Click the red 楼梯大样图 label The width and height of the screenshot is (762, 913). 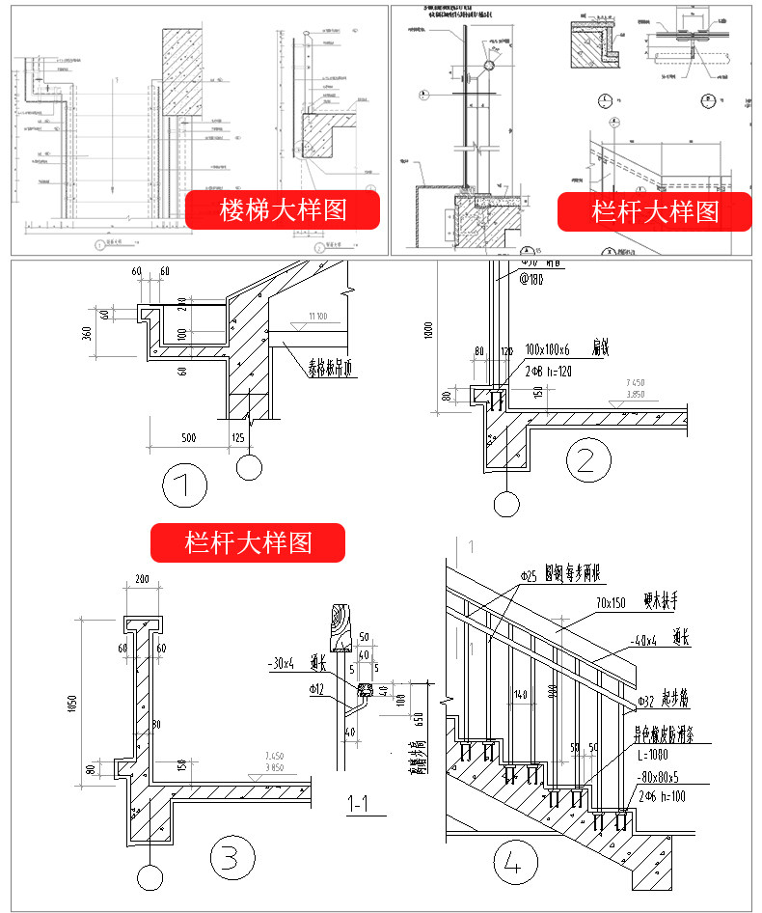[283, 209]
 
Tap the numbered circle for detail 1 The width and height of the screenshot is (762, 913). [184, 485]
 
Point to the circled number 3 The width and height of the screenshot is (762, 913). [231, 857]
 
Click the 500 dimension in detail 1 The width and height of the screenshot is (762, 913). [189, 439]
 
